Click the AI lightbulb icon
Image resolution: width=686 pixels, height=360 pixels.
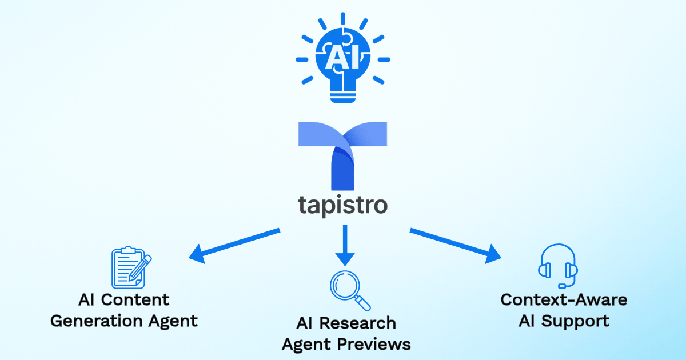pos(342,60)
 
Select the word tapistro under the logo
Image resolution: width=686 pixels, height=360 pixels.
pos(342,204)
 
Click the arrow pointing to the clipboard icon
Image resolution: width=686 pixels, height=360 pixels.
pos(234,244)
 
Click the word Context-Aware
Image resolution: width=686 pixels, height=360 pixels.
pos(564,299)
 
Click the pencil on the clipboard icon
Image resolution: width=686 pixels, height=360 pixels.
pos(140,268)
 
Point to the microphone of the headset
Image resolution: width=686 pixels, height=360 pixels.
pos(563,285)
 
